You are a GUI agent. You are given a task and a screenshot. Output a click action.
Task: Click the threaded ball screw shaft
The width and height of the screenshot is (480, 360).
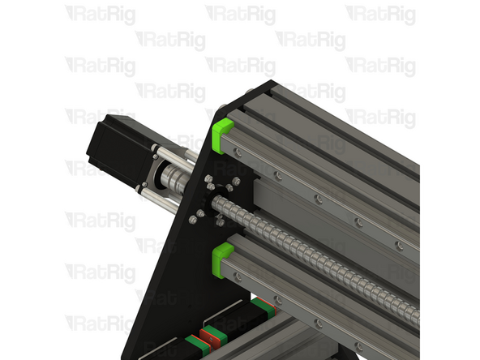(x=324, y=259)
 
